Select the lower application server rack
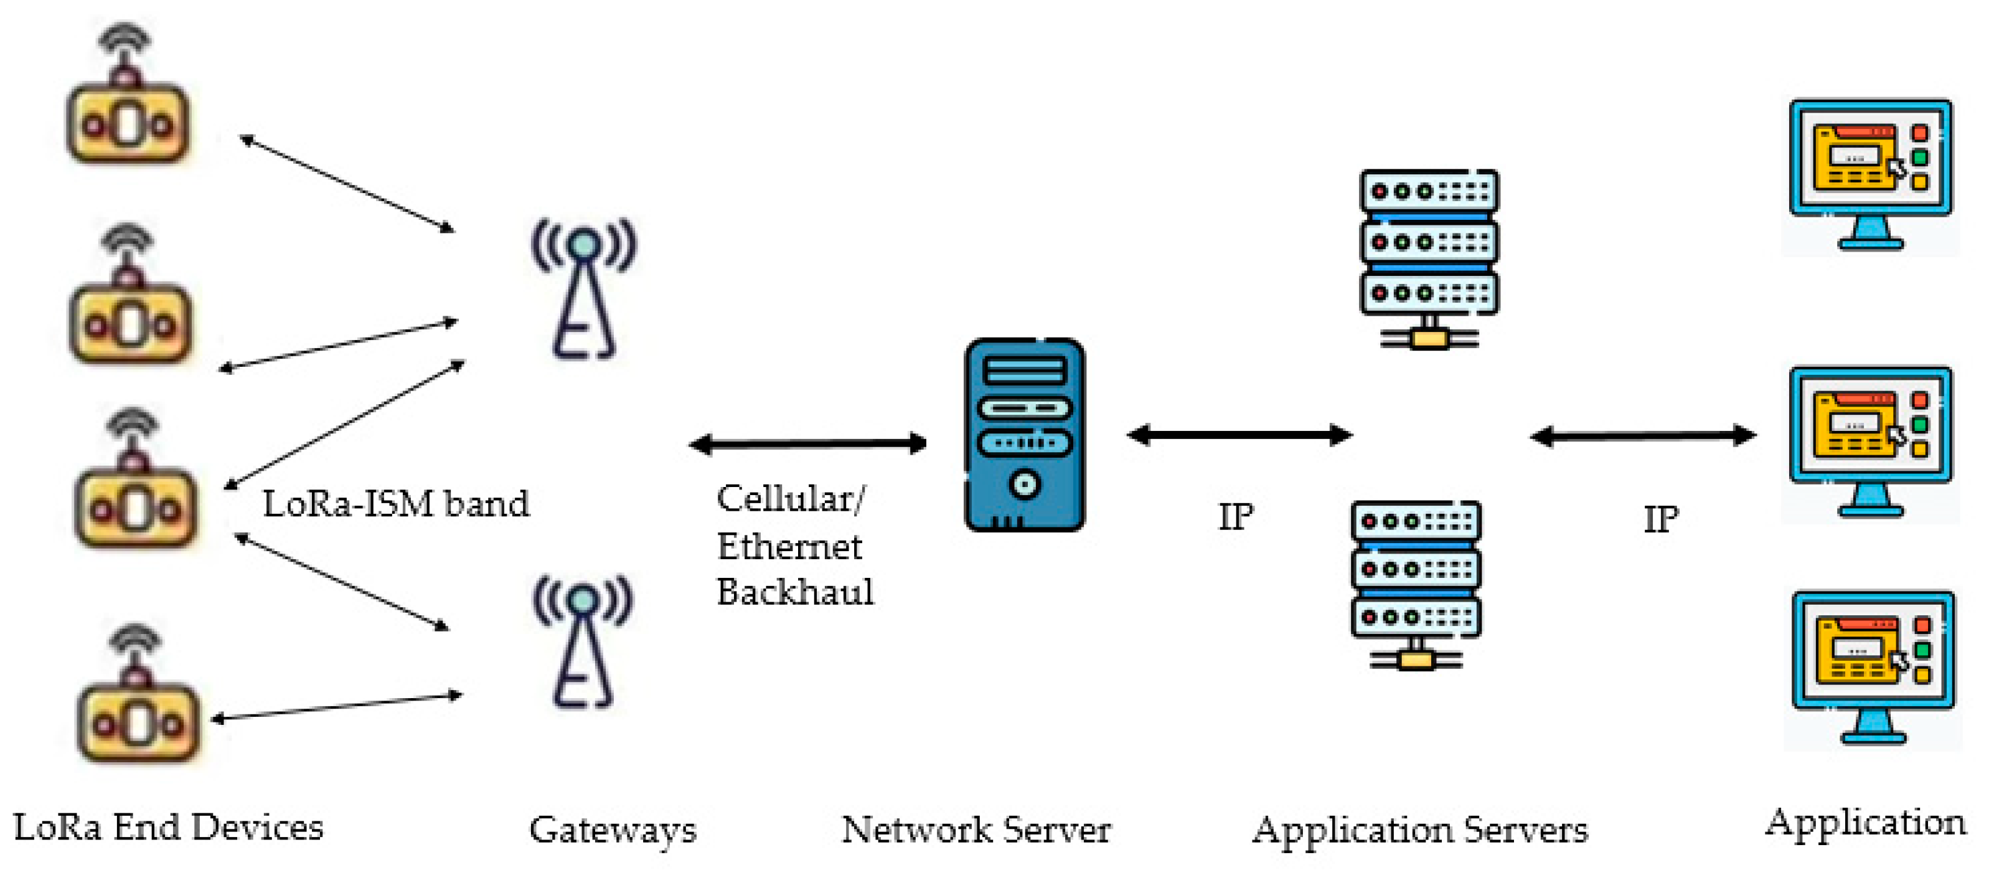click(x=1415, y=584)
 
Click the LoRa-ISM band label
click(x=396, y=504)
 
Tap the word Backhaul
click(x=794, y=593)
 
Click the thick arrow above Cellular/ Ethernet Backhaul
click(x=807, y=443)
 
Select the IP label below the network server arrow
click(x=1235, y=517)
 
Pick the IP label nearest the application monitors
click(x=1660, y=519)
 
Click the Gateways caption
click(x=613, y=831)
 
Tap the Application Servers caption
click(x=1419, y=831)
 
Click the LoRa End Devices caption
click(x=168, y=828)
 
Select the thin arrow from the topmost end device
click(x=347, y=183)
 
